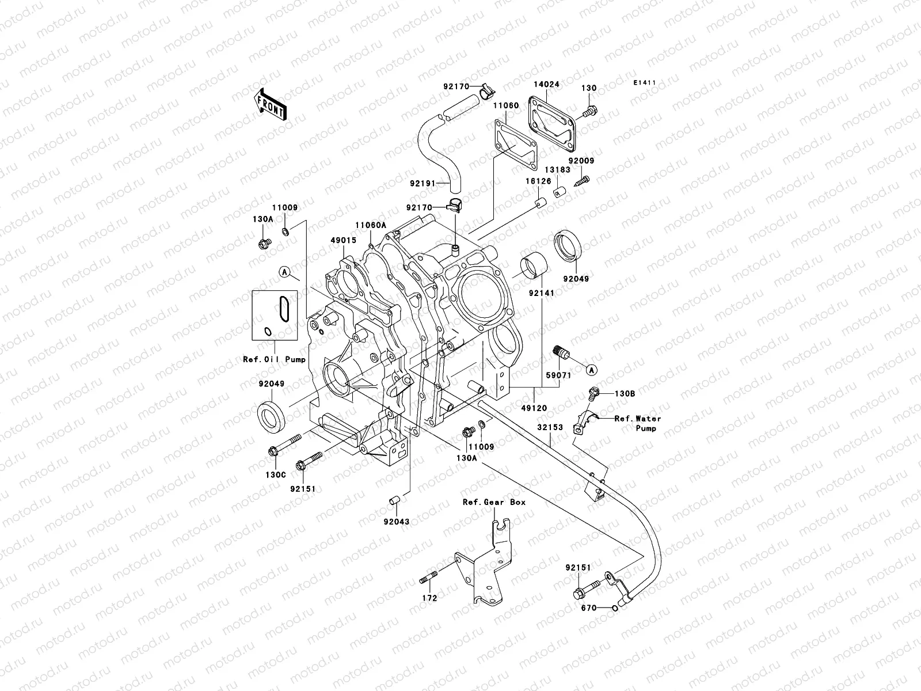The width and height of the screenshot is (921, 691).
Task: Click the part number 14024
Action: click(546, 84)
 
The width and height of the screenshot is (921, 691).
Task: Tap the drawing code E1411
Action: click(645, 83)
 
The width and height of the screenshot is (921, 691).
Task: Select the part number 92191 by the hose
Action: click(423, 184)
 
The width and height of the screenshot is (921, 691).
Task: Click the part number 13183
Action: click(558, 170)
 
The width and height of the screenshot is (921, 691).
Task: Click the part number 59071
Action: click(558, 375)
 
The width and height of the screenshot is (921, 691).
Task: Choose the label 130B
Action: click(624, 394)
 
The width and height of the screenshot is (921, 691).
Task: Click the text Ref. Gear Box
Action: click(494, 502)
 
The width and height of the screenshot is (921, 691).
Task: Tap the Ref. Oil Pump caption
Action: click(274, 360)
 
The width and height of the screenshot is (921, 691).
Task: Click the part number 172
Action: click(429, 598)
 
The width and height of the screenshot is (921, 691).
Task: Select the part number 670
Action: click(588, 608)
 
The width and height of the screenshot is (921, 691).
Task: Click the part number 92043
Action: click(398, 522)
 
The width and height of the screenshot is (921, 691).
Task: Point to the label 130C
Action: click(274, 475)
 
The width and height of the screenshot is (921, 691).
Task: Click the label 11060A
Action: click(371, 226)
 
